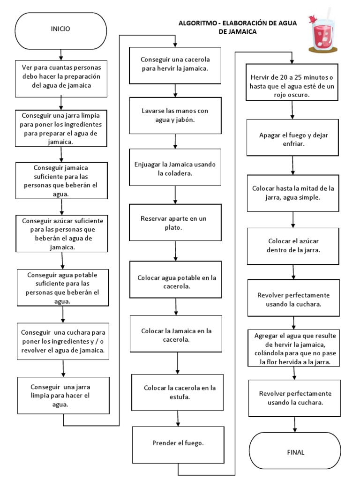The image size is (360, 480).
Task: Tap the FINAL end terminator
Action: pyautogui.click(x=295, y=452)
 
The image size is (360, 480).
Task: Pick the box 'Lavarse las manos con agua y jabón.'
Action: pyautogui.click(x=175, y=115)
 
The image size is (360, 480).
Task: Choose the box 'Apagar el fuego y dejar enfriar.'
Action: pyautogui.click(x=293, y=139)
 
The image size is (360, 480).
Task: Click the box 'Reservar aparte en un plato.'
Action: pyautogui.click(x=175, y=223)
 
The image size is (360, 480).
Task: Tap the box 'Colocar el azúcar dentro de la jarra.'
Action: pyautogui.click(x=293, y=246)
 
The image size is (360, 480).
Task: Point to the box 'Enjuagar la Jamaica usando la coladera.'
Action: pyautogui.click(x=175, y=169)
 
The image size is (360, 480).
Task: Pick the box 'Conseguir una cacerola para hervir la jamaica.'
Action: pyautogui.click(x=175, y=64)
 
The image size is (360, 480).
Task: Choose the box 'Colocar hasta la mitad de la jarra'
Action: pyautogui.click(x=293, y=193)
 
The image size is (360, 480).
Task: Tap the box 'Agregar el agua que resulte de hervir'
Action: pyautogui.click(x=294, y=348)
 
